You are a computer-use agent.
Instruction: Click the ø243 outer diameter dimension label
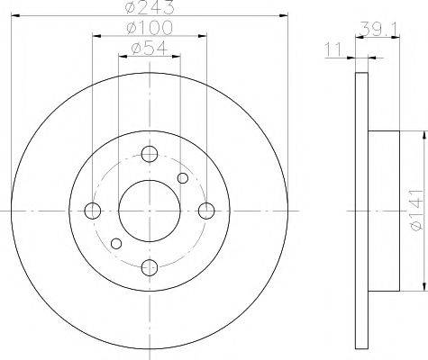click(150, 6)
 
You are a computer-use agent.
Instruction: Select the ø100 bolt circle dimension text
click(150, 28)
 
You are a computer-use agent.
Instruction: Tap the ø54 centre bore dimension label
click(149, 48)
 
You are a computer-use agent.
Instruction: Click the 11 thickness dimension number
click(333, 49)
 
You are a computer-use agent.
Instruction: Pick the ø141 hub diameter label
click(417, 210)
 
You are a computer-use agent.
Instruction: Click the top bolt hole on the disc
click(150, 154)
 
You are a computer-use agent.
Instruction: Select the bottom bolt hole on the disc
click(150, 267)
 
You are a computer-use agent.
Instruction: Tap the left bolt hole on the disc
click(93, 211)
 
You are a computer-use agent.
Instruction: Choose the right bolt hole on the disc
click(206, 211)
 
